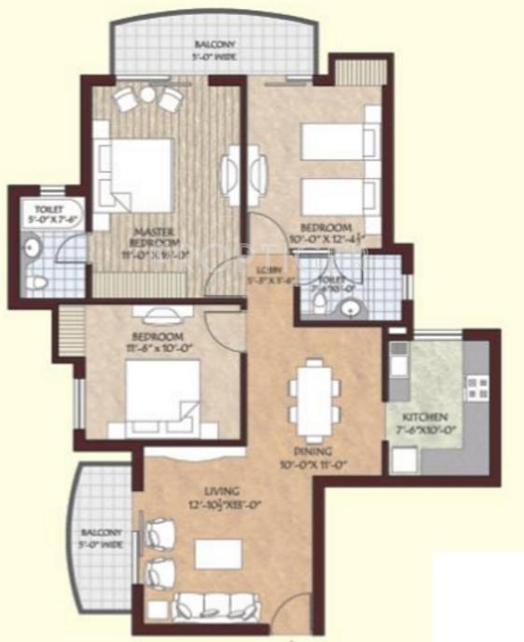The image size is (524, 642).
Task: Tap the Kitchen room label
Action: coord(424,416)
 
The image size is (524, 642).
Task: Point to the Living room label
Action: coord(224,490)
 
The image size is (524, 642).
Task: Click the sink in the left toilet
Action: coord(31,249)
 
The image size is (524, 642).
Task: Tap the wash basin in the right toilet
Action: coord(350,307)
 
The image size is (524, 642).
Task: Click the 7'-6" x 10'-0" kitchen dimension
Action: coord(424,430)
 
